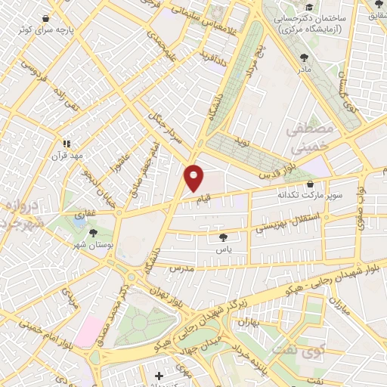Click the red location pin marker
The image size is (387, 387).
coord(194,178)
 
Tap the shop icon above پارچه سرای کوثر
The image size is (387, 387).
coord(47,19)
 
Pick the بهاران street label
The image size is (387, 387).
coord(249,324)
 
